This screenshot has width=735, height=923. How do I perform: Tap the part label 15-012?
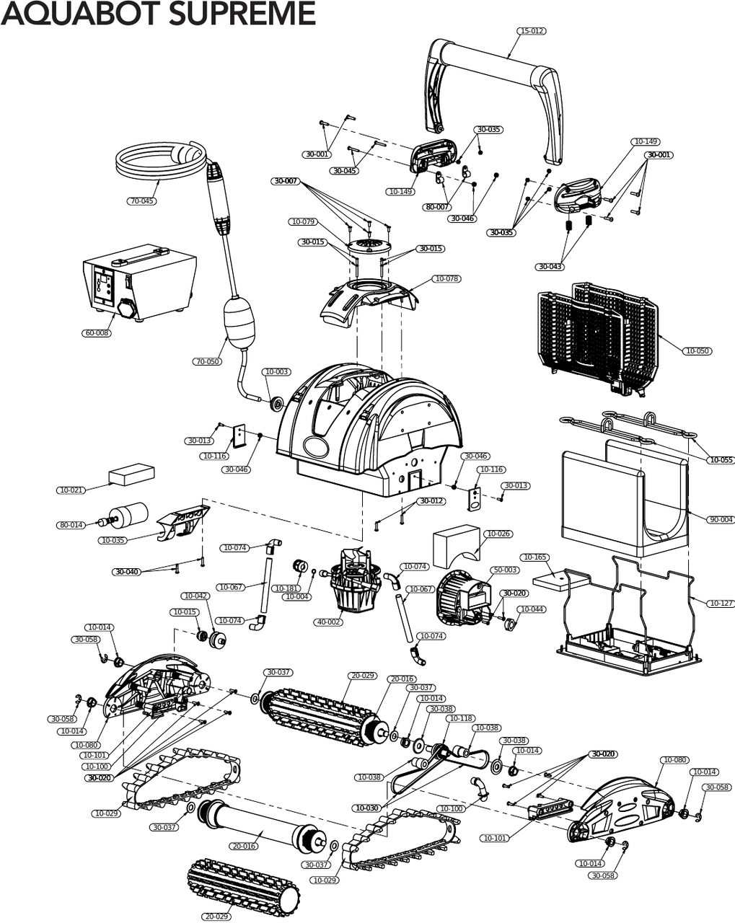tap(531, 31)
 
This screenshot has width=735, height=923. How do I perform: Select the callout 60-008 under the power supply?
tap(97, 333)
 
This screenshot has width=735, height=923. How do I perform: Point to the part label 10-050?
tap(697, 351)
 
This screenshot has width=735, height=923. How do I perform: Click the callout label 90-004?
tap(721, 519)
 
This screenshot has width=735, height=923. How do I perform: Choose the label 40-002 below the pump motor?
tap(328, 622)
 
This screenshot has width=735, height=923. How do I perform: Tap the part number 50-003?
tap(505, 570)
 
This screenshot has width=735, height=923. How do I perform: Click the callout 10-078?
tap(446, 278)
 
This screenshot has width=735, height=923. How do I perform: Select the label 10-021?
tap(71, 490)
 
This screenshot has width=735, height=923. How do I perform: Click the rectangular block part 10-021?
tap(131, 474)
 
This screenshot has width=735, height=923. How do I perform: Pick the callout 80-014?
tap(71, 525)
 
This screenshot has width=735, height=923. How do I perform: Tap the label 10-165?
tap(534, 557)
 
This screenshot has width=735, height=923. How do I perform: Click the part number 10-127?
tap(721, 603)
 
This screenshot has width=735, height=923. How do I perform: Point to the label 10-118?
tap(461, 718)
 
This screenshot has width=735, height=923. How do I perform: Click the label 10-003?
tap(277, 372)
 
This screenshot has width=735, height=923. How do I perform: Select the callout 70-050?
tap(207, 361)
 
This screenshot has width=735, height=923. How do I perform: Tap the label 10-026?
tap(498, 534)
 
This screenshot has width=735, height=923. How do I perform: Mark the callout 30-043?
tap(550, 267)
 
